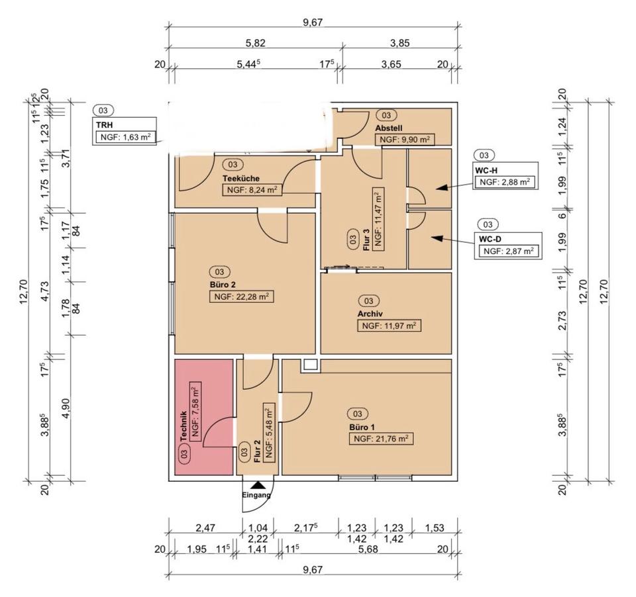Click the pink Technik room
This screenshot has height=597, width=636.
(203, 417)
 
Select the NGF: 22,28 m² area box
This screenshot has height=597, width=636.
(241, 297)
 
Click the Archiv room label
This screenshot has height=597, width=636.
(370, 314)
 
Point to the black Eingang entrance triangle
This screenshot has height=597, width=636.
(258, 485)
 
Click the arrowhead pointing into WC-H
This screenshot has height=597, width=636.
(442, 187)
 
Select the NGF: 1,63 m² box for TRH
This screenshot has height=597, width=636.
(125, 137)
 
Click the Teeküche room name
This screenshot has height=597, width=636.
(241, 178)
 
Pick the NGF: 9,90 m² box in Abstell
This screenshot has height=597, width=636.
(404, 140)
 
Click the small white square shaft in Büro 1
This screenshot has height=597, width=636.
(310, 365)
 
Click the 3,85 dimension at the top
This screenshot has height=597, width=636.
(399, 42)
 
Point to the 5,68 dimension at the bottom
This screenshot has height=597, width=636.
(369, 549)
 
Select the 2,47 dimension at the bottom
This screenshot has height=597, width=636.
(205, 528)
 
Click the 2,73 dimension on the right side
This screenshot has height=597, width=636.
(562, 320)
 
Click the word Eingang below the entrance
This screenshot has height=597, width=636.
(256, 495)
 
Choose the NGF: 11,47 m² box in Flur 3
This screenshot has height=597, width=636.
(378, 219)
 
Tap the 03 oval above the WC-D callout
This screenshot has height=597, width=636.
(488, 224)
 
